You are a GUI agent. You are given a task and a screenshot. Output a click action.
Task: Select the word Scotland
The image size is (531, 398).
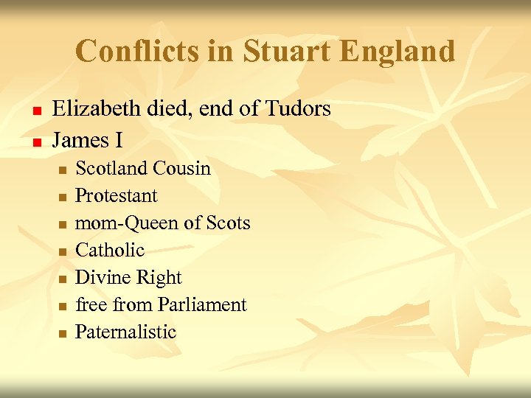(112, 168)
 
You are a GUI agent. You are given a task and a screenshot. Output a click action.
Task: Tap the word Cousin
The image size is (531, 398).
(182, 168)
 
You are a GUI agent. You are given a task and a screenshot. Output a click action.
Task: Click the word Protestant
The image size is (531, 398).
(117, 195)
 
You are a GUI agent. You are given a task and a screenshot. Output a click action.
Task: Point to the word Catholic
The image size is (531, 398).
(110, 251)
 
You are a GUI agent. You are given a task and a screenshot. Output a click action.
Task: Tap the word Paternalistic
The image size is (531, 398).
(126, 332)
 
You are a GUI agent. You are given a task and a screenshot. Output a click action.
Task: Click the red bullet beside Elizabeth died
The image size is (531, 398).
(34, 111)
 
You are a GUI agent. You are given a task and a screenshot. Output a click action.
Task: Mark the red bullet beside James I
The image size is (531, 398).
(34, 140)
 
